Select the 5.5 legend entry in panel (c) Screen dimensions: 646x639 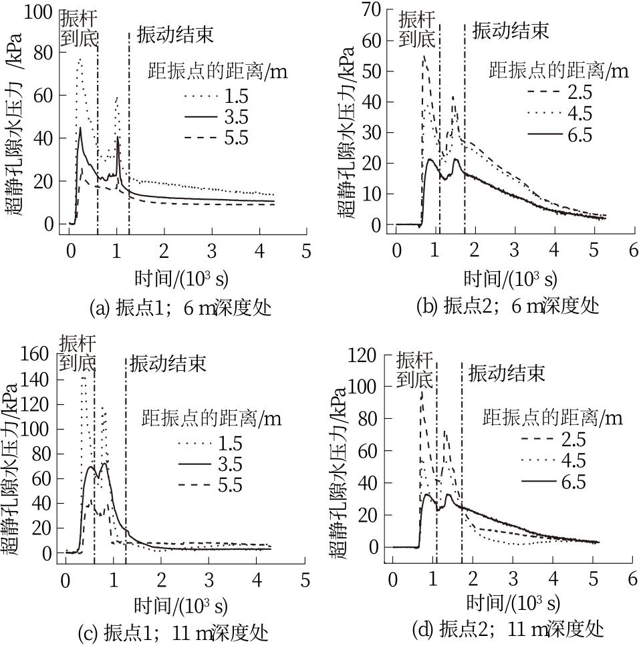229,485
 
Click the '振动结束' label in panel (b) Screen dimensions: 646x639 511,30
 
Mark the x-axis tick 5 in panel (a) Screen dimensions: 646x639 306,251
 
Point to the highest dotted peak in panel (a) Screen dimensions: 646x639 80,59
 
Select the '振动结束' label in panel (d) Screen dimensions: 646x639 507,373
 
